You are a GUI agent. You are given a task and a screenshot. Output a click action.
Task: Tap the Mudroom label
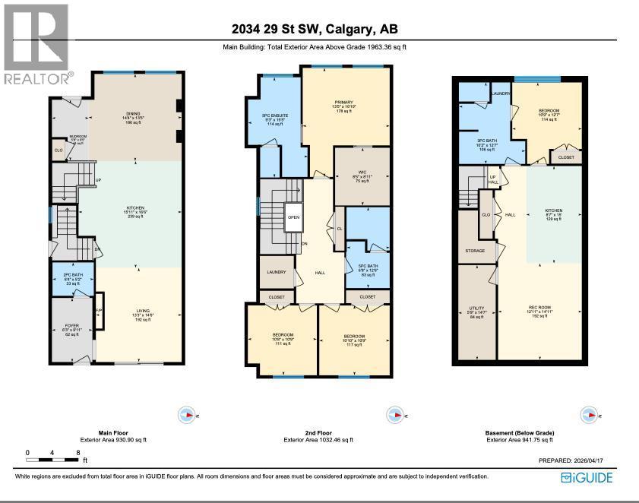coord(78,139)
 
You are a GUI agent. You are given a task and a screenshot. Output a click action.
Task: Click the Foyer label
coord(72,330)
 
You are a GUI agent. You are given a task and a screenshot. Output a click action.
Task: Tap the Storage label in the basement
coord(475,250)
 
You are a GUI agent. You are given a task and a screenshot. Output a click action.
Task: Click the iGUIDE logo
coord(587,477)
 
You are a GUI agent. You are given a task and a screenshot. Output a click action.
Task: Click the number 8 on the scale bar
coord(79,451)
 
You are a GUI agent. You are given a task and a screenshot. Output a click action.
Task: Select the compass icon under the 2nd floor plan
coord(395,415)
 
